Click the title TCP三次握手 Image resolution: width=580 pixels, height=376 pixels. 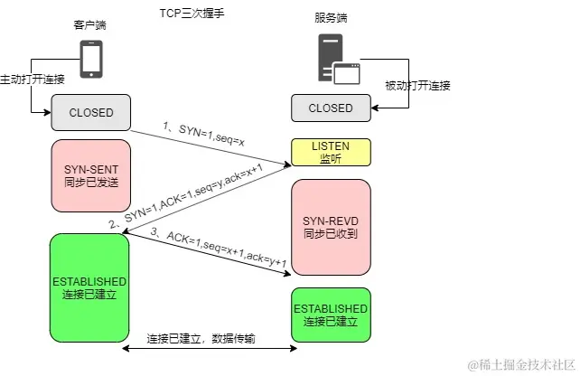(x=192, y=14)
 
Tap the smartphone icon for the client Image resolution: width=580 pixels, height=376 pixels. (x=91, y=60)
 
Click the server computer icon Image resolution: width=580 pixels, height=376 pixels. (x=339, y=60)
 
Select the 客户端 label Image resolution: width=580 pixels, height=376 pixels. (x=89, y=24)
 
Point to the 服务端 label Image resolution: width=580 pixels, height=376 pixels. (x=331, y=18)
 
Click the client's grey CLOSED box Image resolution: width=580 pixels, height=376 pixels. (x=91, y=112)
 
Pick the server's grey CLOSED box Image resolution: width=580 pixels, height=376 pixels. (x=331, y=108)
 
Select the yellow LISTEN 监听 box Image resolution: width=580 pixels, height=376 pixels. (x=331, y=152)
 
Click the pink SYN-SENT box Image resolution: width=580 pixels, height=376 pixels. (x=91, y=175)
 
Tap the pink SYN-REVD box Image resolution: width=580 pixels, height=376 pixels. (x=331, y=227)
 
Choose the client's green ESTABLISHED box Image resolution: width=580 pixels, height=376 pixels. (x=89, y=288)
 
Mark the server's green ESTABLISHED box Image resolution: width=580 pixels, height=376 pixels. (x=331, y=315)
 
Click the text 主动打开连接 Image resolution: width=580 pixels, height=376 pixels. (x=33, y=80)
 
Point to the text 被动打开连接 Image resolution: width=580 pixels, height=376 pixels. (x=417, y=86)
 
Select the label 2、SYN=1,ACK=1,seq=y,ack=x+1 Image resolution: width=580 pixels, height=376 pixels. (x=186, y=196)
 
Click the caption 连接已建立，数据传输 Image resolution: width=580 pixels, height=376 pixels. (x=201, y=339)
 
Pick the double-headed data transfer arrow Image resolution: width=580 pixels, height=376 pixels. (x=210, y=348)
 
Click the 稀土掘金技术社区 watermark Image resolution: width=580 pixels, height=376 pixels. (x=521, y=365)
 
